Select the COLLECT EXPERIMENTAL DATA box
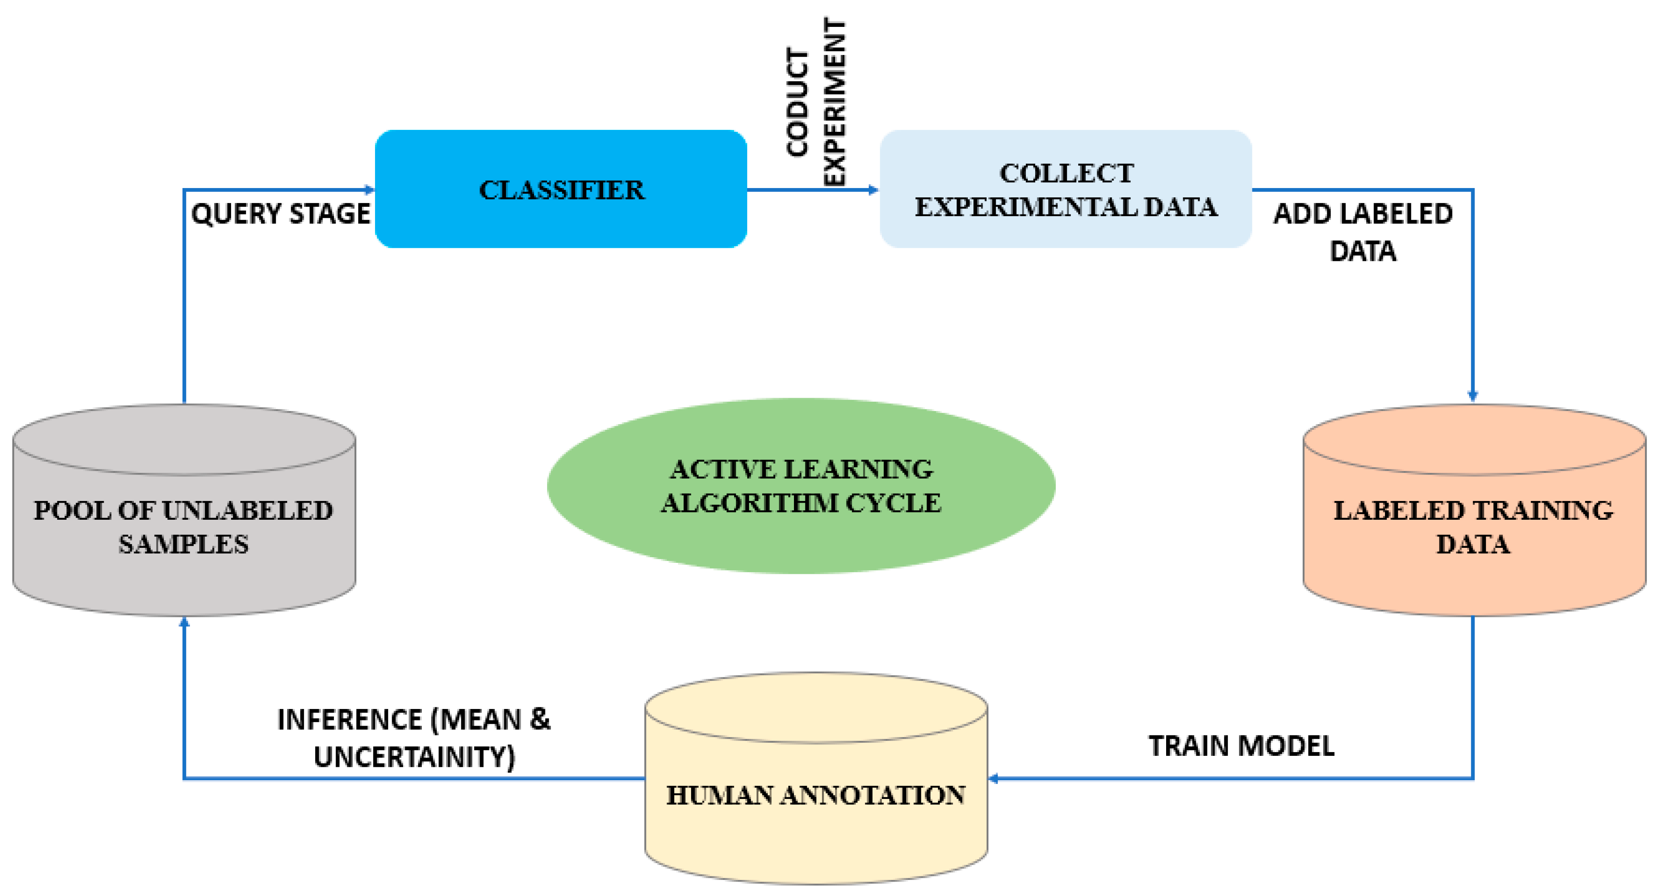(1065, 189)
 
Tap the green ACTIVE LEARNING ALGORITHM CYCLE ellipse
(801, 486)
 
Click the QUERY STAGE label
(280, 214)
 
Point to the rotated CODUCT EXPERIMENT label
(816, 103)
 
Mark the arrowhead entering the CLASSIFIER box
(370, 189)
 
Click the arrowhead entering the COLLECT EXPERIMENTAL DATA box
(873, 189)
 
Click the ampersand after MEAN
(540, 720)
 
